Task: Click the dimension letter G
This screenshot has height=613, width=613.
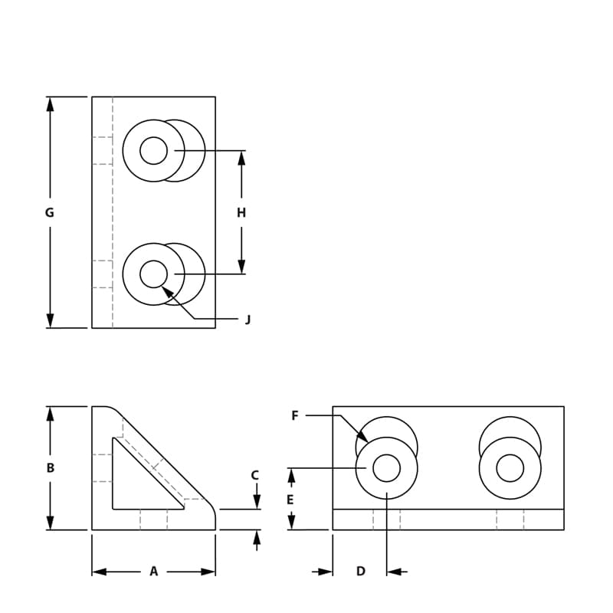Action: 50,213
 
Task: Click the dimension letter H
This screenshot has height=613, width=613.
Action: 241,213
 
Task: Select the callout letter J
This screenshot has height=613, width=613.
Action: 247,320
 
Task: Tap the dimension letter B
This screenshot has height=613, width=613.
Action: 51,467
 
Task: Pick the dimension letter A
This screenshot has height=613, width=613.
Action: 153,572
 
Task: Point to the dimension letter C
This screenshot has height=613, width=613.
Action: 256,475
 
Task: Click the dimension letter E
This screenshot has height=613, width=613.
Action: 290,500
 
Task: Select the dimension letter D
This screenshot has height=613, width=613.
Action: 361,572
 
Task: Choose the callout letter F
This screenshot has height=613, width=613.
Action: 295,416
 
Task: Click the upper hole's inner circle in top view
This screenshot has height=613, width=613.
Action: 153,150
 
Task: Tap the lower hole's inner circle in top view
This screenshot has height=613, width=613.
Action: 153,274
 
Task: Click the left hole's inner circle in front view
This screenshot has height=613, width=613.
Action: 386,467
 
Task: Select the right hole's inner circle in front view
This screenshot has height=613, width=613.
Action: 510,467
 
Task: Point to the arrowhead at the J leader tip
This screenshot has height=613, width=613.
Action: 166,291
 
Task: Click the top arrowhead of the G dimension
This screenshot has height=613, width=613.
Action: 51,104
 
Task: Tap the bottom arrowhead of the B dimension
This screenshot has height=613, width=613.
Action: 51,523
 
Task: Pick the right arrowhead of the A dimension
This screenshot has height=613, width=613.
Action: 208,572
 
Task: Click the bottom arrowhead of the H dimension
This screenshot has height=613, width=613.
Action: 241,267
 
